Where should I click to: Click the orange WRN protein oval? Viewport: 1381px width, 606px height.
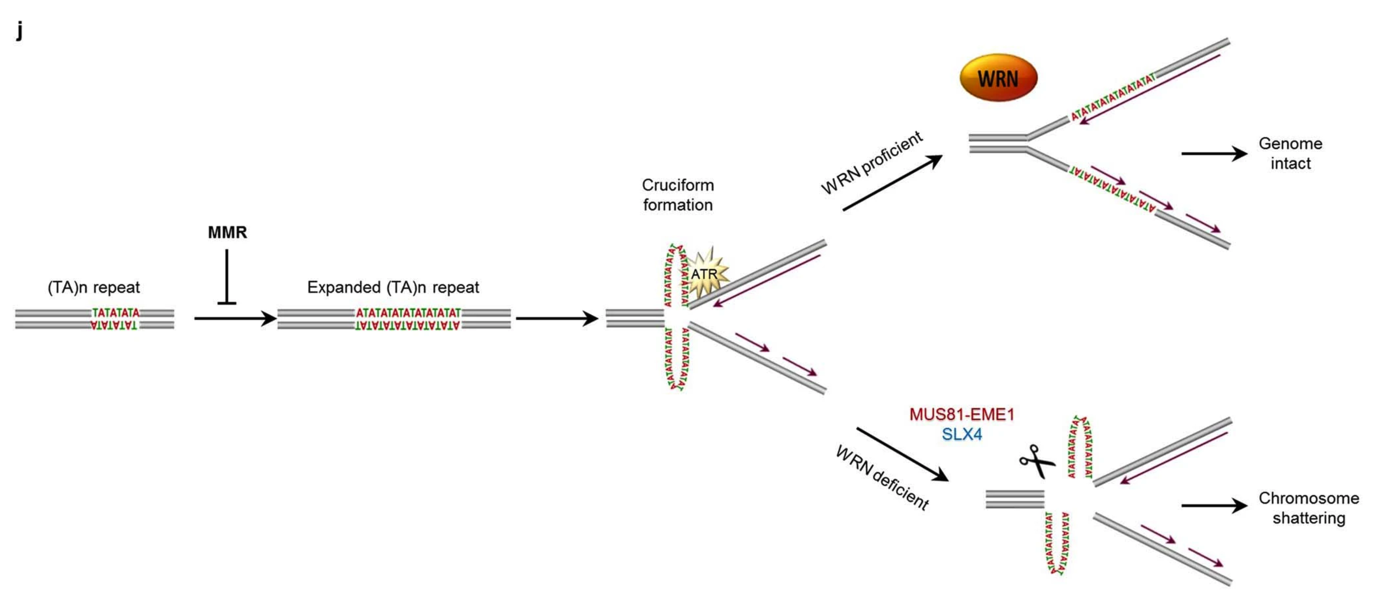coord(998,78)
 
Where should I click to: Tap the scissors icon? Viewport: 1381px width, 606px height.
coord(1037,461)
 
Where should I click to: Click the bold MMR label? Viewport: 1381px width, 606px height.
coord(227,232)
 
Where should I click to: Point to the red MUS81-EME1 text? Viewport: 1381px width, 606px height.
coord(962,415)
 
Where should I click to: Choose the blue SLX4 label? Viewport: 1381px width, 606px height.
coord(962,434)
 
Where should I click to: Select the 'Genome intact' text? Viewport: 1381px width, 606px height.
coord(1290,153)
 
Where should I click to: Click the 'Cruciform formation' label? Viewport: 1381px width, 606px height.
coord(678,195)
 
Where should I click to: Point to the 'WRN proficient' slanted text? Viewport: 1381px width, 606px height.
coord(872,162)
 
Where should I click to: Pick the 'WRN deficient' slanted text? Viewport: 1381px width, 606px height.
coord(882,478)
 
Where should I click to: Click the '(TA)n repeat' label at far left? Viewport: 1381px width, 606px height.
coord(94,287)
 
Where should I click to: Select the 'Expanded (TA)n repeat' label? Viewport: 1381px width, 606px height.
coord(393,287)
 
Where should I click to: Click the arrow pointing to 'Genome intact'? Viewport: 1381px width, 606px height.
coord(1214,154)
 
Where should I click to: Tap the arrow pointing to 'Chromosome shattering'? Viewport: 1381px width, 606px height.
coord(1214,505)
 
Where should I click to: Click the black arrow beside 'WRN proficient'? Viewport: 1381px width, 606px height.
coord(892,183)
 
